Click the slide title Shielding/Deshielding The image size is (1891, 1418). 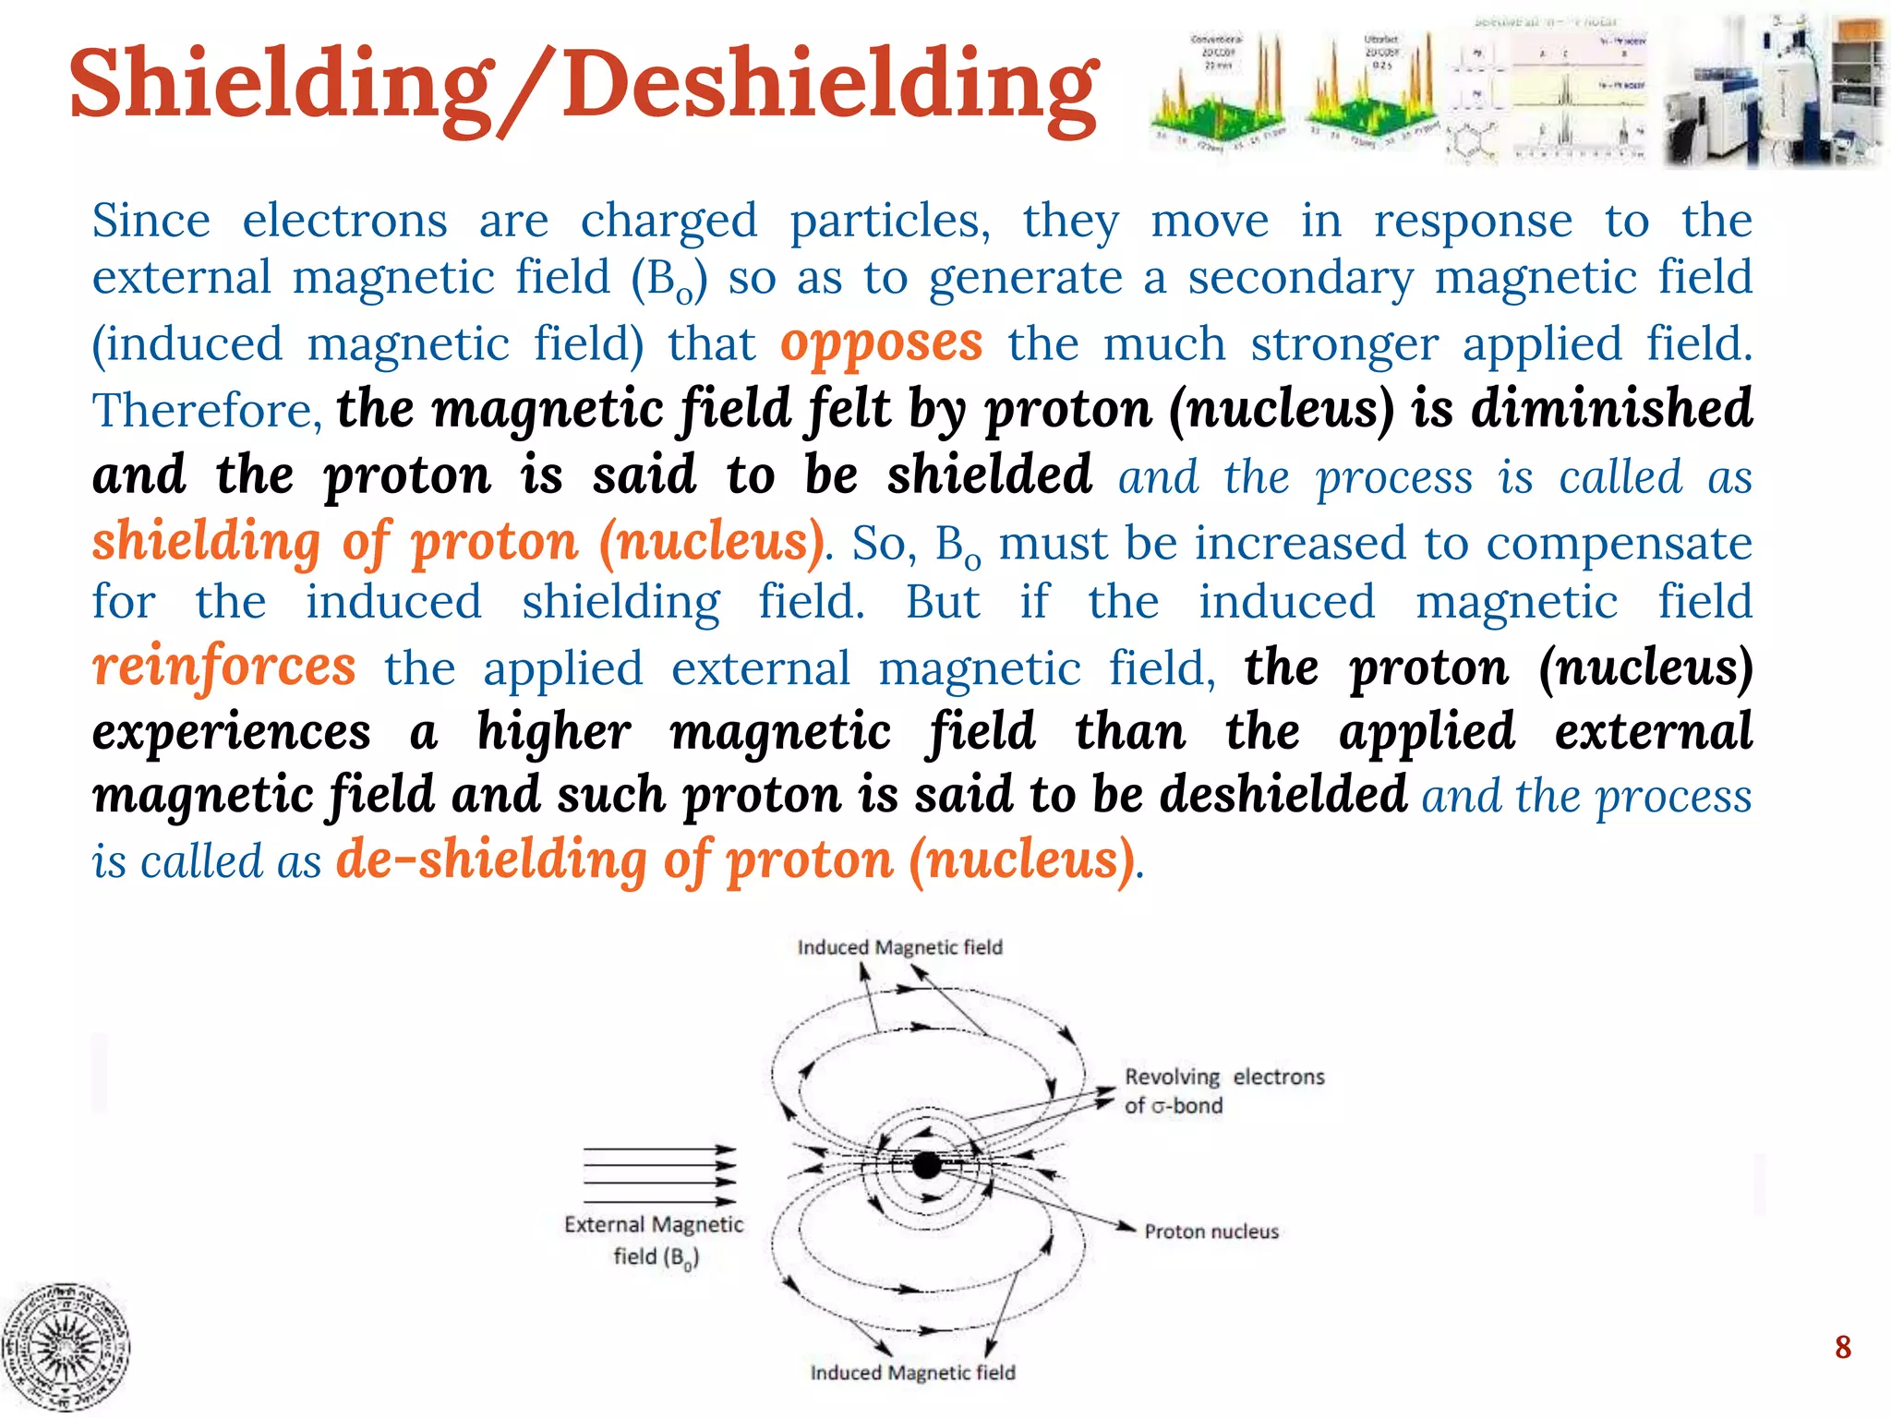(584, 86)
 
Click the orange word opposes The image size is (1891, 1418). (881, 343)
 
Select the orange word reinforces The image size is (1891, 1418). (224, 667)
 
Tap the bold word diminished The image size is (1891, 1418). (1611, 409)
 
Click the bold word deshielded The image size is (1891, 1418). (1283, 794)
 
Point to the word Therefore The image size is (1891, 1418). (206, 411)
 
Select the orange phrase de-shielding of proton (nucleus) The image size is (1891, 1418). (735, 860)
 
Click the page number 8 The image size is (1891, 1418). (1842, 1347)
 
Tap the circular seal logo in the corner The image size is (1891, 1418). (65, 1347)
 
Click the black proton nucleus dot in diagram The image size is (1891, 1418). (926, 1165)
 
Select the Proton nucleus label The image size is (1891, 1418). (1211, 1232)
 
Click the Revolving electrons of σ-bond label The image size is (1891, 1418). (1223, 1090)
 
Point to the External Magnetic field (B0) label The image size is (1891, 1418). (654, 1240)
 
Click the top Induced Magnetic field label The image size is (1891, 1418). (899, 947)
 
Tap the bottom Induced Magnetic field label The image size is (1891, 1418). (912, 1373)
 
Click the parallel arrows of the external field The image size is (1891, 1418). (658, 1175)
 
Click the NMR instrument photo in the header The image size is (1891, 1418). (1771, 92)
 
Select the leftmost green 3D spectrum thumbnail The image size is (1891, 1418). (1217, 92)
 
